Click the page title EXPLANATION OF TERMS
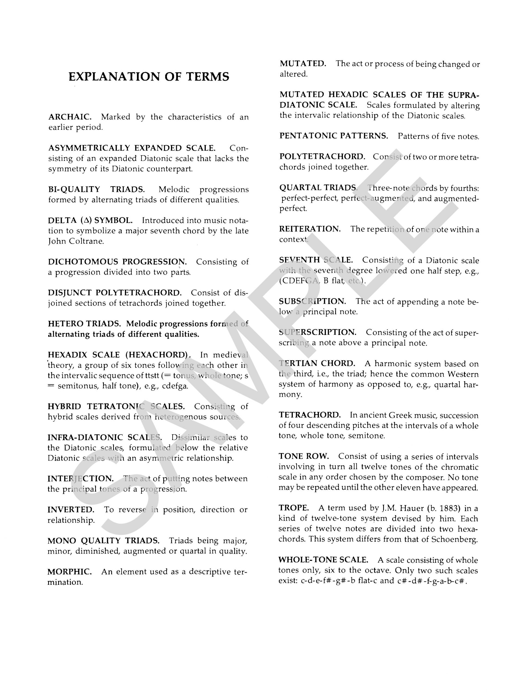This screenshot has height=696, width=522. click(149, 77)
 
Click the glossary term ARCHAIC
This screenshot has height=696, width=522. click(70, 117)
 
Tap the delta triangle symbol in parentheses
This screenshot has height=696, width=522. click(89, 220)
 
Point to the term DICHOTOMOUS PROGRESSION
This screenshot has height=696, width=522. click(117, 262)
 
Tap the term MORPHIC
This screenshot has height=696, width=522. click(70, 572)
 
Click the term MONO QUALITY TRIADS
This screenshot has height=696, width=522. click(103, 541)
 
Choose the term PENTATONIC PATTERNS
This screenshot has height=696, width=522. click(334, 136)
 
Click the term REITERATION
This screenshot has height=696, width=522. click(310, 229)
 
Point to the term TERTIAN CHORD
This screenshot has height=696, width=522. click(317, 363)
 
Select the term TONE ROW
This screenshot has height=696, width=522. click(304, 456)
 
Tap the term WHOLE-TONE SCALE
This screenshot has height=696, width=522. click(323, 560)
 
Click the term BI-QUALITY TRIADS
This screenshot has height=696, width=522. click(96, 189)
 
